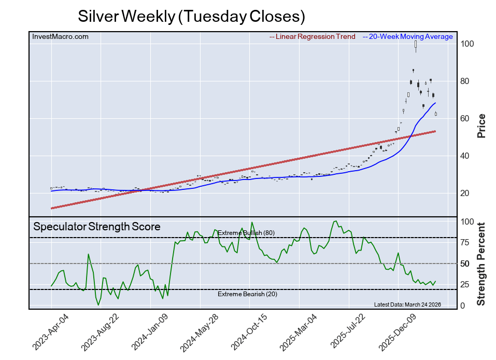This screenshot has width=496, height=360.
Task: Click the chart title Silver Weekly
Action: click(191, 16)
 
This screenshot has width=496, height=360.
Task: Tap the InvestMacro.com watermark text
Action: click(60, 36)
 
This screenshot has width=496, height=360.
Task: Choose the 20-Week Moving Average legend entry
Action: click(410, 36)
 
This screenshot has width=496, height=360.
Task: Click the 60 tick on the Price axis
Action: click(466, 119)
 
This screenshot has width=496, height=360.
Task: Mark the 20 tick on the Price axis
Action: click(466, 193)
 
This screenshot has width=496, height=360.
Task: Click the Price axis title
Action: click(481, 125)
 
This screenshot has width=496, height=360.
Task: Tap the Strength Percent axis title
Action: click(481, 264)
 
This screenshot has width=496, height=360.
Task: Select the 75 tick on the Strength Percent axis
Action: click(466, 243)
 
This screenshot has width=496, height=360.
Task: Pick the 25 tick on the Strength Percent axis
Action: click(466, 285)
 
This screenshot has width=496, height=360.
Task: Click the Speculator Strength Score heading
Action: click(97, 227)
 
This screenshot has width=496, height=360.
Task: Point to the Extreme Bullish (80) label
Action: click(246, 233)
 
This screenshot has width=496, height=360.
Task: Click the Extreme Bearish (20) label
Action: click(246, 294)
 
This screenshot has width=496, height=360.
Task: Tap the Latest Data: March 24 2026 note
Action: click(407, 304)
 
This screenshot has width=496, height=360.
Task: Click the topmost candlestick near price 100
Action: click(416, 47)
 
